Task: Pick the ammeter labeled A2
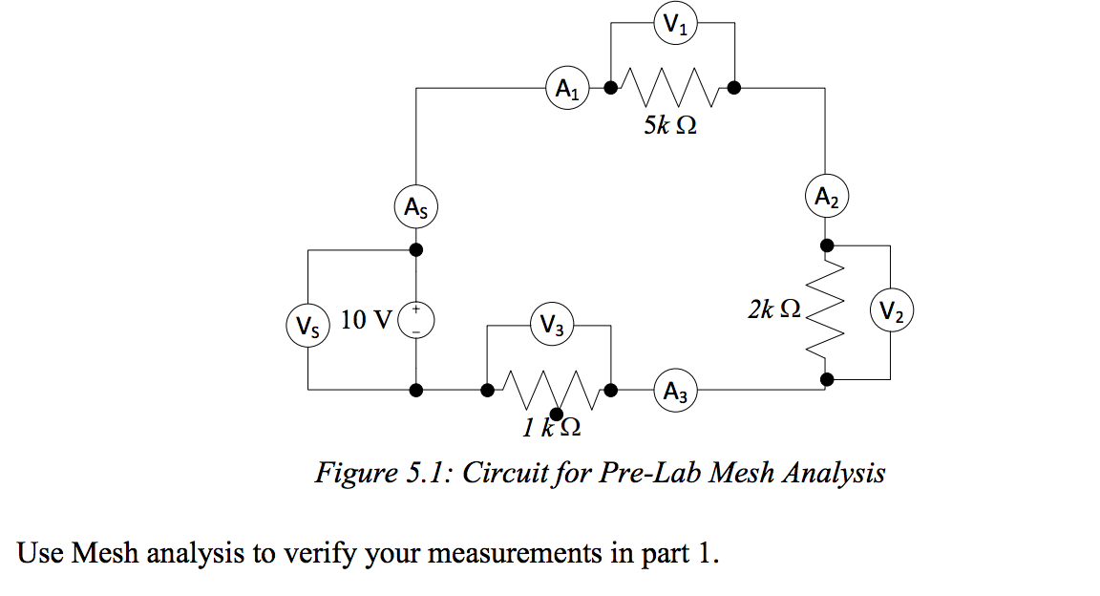827,197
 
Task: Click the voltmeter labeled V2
891,311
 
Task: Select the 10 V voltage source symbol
416,319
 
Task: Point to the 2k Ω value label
774,309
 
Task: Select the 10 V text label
366,319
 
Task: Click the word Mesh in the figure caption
742,473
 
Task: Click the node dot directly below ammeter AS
416,250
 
